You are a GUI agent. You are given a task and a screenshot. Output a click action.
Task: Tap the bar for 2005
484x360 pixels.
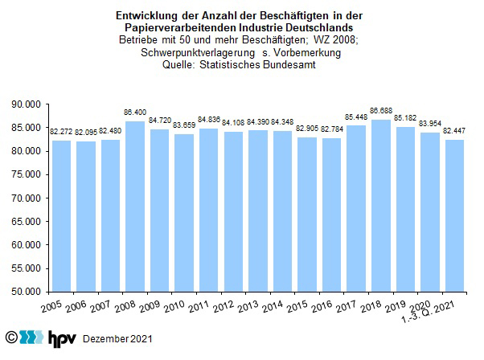(61, 216)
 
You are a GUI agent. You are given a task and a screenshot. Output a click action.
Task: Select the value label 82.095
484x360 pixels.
(86, 132)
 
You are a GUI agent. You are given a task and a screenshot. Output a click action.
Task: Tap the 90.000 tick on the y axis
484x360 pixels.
(28, 104)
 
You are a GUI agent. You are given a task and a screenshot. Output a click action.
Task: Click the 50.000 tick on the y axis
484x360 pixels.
(28, 292)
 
